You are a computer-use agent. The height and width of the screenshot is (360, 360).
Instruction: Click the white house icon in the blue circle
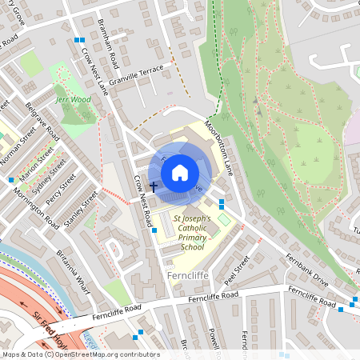[180, 172]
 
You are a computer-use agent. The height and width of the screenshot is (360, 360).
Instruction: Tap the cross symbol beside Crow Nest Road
[153, 186]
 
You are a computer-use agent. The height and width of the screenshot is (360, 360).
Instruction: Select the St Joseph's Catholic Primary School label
[193, 232]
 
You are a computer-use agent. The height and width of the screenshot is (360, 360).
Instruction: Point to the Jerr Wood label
[73, 100]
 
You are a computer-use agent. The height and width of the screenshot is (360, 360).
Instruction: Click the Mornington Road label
[42, 208]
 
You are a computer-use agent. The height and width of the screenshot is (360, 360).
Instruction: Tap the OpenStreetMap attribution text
[70, 354]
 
